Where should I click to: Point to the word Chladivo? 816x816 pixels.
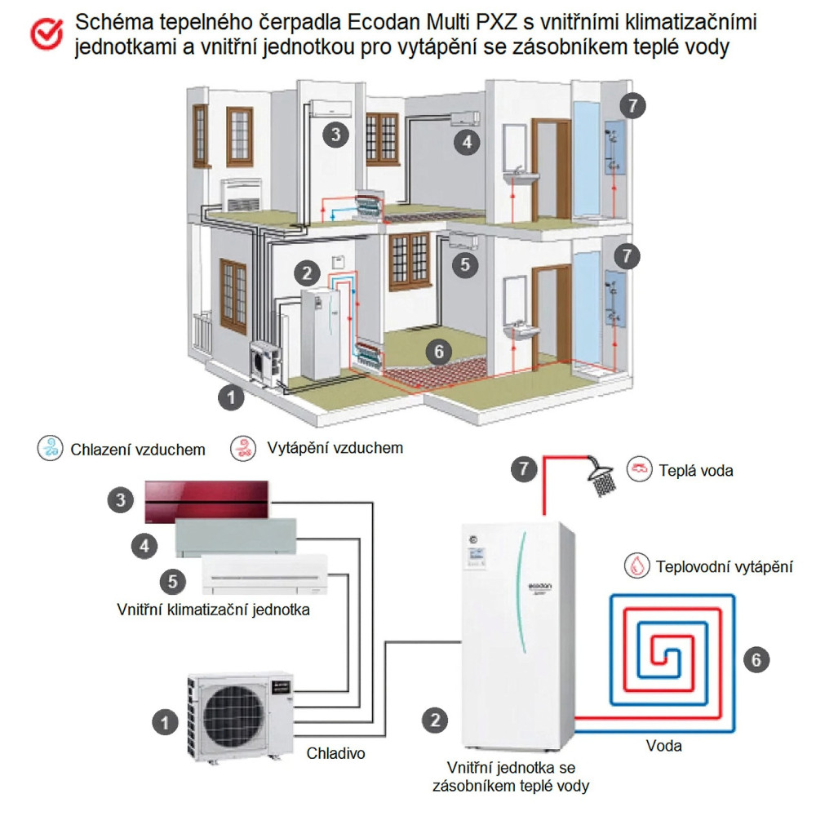pyautogui.click(x=335, y=753)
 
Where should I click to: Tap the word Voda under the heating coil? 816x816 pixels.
pyautogui.click(x=663, y=746)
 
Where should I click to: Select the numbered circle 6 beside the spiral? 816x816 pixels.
pyautogui.click(x=756, y=659)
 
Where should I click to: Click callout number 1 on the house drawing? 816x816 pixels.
pyautogui.click(x=232, y=398)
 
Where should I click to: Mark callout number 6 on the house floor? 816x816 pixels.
pyautogui.click(x=438, y=352)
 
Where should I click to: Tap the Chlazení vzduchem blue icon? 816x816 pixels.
pyautogui.click(x=51, y=448)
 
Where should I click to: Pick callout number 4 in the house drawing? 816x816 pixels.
pyautogui.click(x=467, y=143)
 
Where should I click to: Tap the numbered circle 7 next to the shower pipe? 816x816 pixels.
pyautogui.click(x=524, y=469)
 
